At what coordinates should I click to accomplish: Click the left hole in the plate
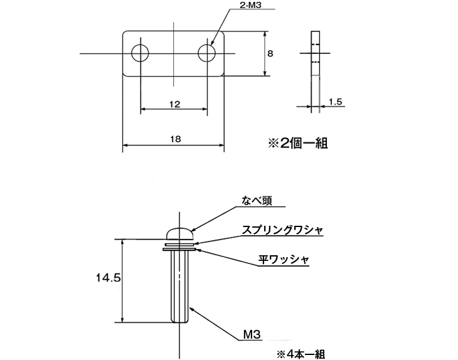[141, 53]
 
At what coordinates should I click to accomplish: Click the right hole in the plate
[206, 53]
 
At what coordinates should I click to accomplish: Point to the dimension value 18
[174, 139]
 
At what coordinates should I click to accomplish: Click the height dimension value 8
[270, 54]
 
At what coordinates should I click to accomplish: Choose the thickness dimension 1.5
[334, 101]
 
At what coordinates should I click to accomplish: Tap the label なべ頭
[258, 201]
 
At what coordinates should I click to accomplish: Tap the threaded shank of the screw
[179, 285]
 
